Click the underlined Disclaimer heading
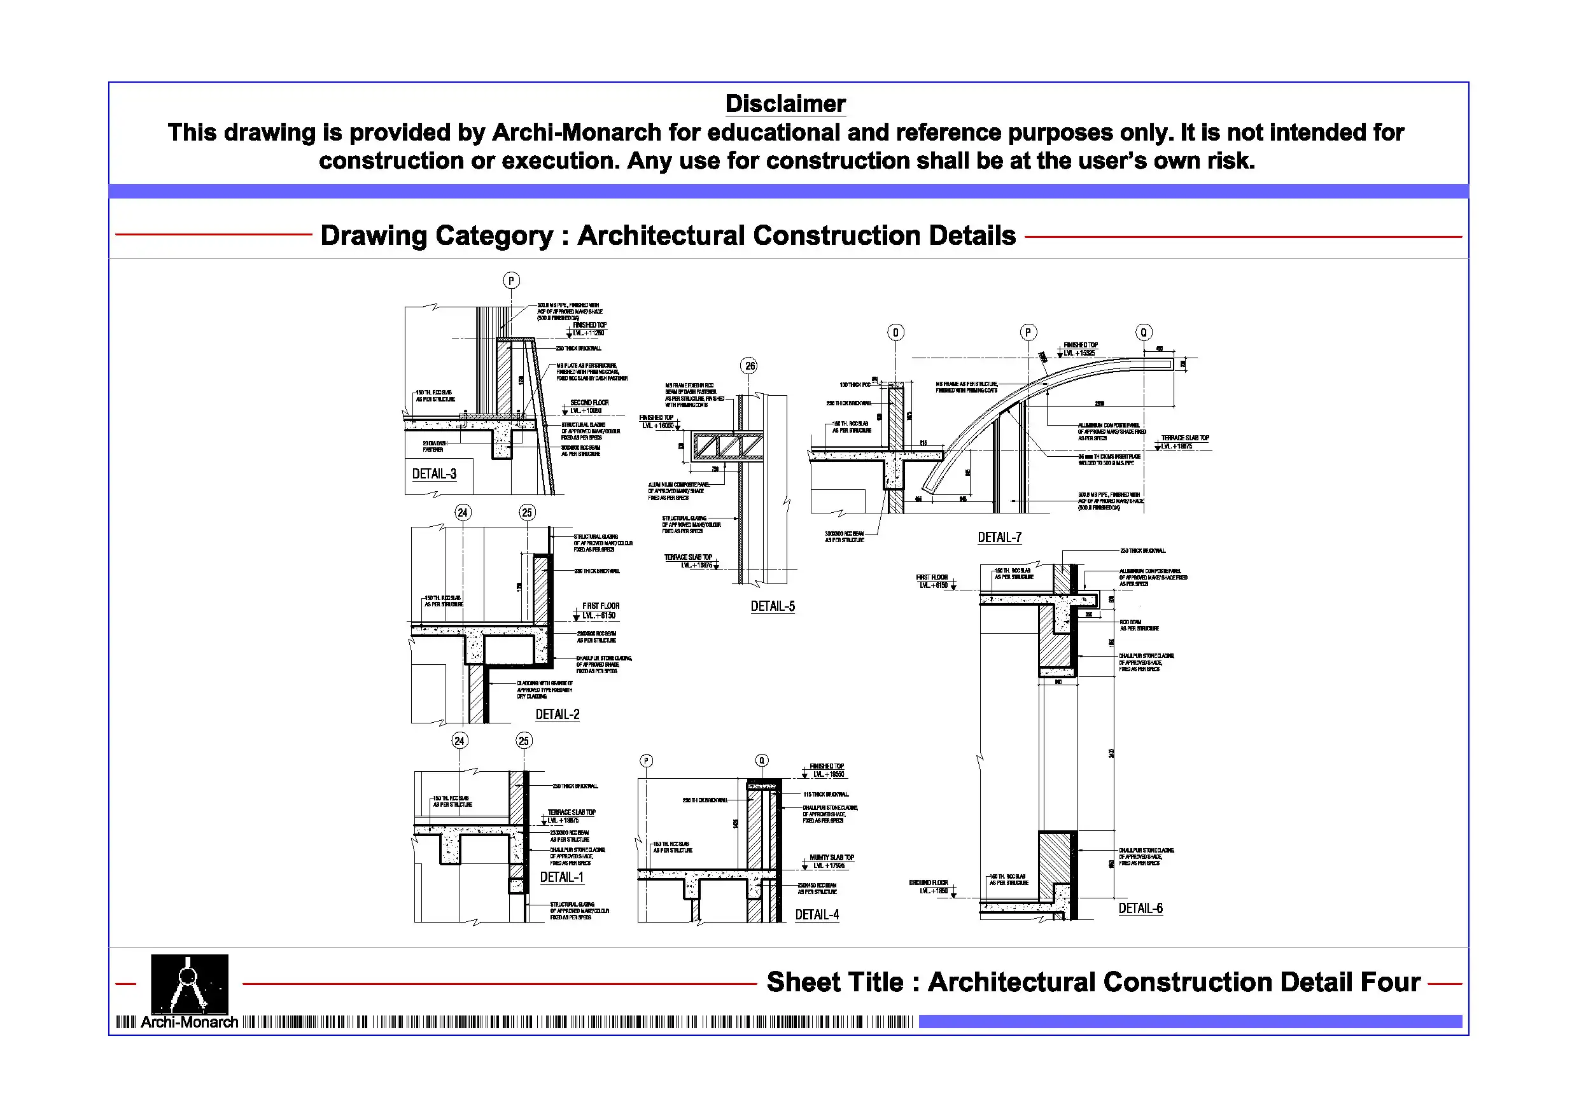pos(785,104)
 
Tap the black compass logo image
pos(189,983)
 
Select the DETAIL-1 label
pos(561,877)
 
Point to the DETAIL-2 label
pos(557,715)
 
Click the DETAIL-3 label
pos(434,474)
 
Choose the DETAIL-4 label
pos(817,914)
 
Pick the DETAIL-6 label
pos(1140,909)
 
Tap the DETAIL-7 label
pos(999,538)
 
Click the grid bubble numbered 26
pos(750,366)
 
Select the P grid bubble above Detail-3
pos(511,281)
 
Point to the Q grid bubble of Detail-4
pos(761,760)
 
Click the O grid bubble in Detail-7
pos(895,333)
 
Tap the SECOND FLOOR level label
pos(589,403)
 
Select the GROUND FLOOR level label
pos(929,883)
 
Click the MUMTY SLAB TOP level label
pos(831,858)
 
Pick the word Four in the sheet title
pos(1391,982)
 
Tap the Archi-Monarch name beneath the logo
pos(189,1022)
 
